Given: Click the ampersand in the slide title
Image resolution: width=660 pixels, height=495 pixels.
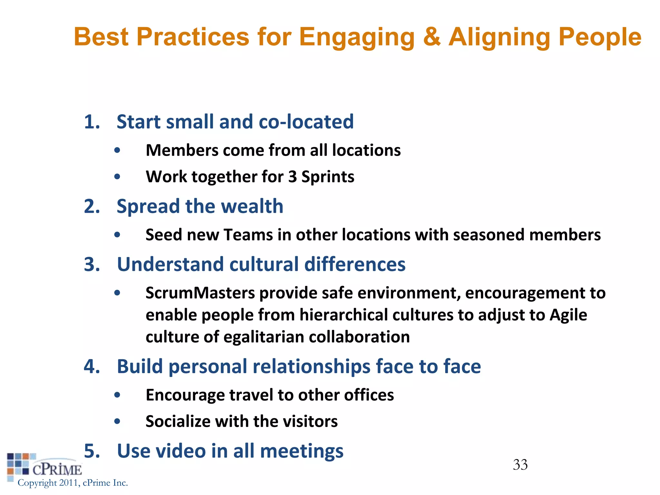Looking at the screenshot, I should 432,37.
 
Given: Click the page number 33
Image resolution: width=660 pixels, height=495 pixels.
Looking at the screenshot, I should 520,465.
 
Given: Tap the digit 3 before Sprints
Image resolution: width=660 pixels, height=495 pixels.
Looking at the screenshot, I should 292,177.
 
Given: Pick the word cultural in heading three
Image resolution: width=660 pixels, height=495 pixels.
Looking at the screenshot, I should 264,264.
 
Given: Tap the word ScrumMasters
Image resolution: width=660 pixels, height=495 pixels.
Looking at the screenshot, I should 200,293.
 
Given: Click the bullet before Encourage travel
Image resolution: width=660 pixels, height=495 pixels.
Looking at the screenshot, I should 117,395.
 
